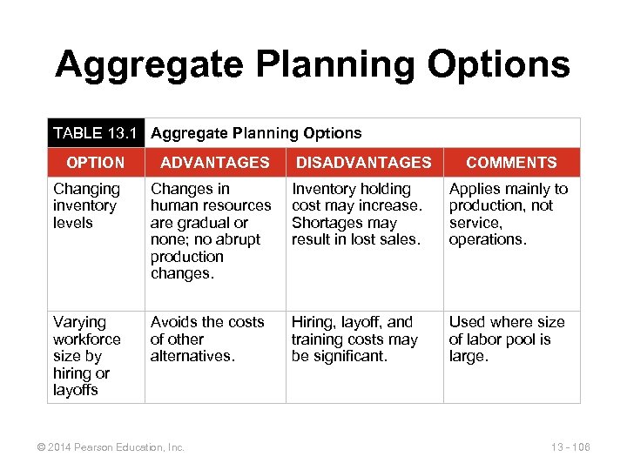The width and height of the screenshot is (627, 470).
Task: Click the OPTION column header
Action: pos(96,163)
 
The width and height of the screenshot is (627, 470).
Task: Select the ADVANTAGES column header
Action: pos(215,163)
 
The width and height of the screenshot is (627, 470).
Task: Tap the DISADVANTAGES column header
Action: pos(364,163)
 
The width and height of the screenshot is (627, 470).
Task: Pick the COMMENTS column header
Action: pos(511,163)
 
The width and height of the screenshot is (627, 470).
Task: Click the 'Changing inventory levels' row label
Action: pos(86,205)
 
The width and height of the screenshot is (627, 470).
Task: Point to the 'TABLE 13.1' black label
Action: pos(95,133)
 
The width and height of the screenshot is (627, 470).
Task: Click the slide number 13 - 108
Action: pos(570,447)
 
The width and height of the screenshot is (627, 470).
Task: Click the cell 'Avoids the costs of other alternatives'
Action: pos(207,339)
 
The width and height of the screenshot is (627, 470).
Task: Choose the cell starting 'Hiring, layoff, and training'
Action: pos(354,339)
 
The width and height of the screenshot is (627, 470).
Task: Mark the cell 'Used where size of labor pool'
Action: pos(506,339)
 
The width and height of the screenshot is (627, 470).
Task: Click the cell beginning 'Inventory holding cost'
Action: pos(356,214)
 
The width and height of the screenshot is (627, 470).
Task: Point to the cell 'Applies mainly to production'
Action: pos(508,214)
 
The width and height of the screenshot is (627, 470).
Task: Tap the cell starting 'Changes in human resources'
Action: pos(211,231)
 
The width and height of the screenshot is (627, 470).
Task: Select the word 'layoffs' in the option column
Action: pos(76,390)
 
